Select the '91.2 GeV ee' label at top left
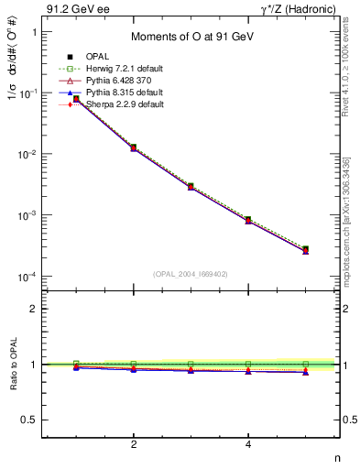(74, 9)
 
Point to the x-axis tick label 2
(134, 444)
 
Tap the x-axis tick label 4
(248, 444)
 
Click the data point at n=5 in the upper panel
(305, 249)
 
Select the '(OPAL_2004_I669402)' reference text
(191, 272)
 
